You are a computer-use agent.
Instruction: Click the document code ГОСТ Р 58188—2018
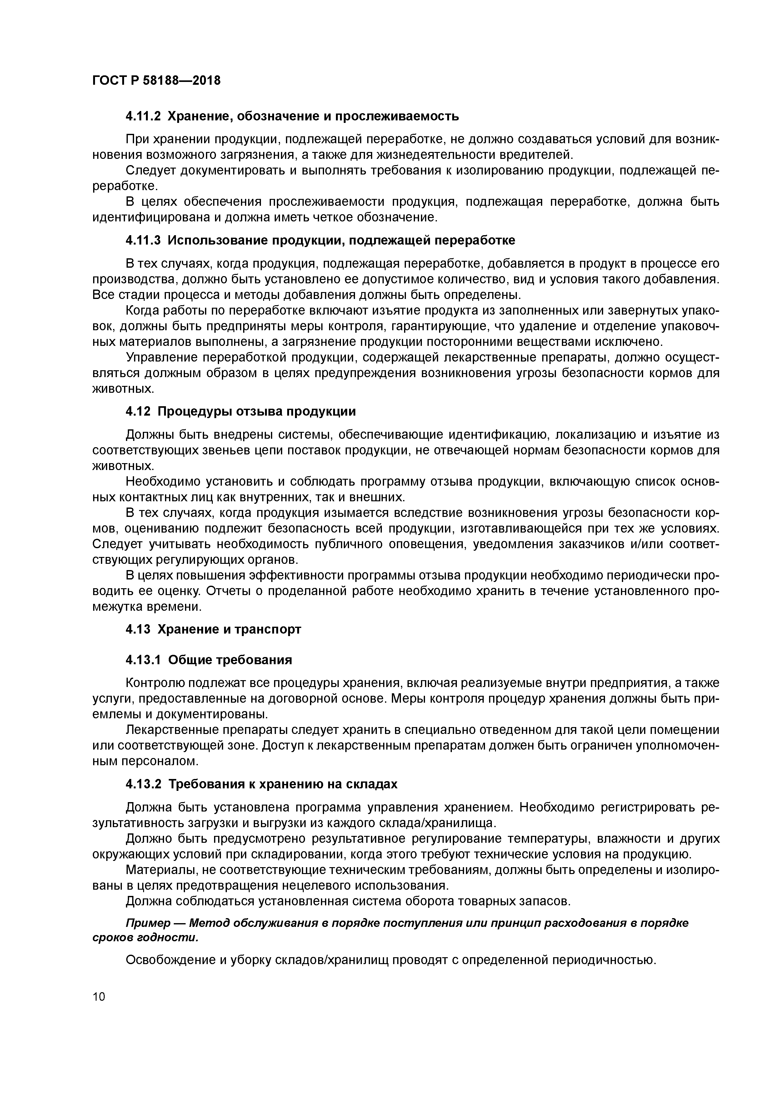(156, 81)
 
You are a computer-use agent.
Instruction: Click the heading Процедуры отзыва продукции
(257, 412)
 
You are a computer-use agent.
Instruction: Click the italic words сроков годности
(144, 938)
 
